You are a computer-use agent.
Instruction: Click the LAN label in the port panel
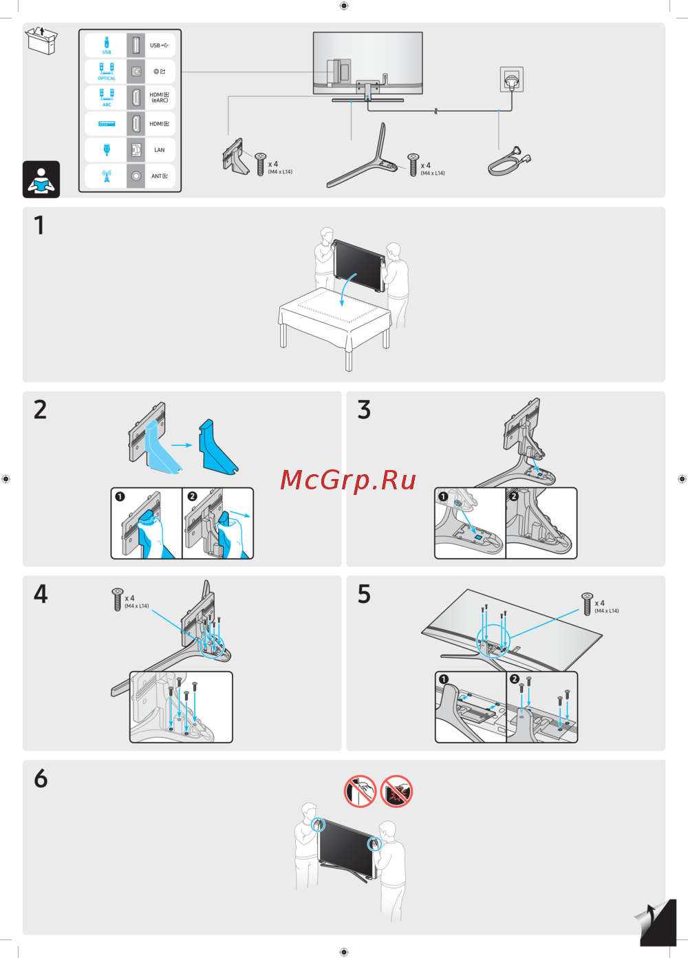[159, 150]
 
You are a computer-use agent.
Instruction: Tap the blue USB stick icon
[107, 43]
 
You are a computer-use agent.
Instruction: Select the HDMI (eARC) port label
[159, 98]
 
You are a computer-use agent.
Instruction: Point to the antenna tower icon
[107, 175]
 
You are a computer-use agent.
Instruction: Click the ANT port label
[159, 176]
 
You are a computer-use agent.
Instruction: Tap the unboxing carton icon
[41, 40]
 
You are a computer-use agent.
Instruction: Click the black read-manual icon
[41, 179]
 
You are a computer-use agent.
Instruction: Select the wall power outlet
[511, 80]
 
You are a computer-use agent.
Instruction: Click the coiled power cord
[510, 161]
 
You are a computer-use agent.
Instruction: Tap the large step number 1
[39, 225]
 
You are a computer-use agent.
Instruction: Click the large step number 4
[41, 594]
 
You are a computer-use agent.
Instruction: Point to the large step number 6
[41, 778]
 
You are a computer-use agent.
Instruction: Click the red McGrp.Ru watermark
[347, 480]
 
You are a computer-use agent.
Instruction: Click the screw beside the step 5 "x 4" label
[587, 604]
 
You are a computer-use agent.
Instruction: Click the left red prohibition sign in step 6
[360, 791]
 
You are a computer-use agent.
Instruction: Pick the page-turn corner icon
[656, 923]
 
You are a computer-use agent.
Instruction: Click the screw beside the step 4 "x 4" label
[117, 599]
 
